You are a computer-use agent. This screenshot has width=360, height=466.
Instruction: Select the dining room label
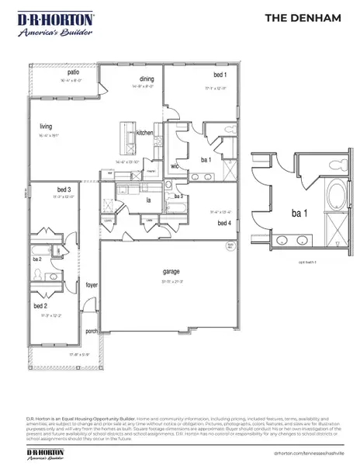tap(147, 78)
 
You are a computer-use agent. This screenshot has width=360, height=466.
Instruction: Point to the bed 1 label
tap(220, 75)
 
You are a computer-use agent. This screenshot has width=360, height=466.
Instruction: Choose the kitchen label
tap(145, 133)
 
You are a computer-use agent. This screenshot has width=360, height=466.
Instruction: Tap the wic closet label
tap(175, 165)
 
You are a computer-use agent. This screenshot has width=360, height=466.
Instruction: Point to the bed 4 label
tap(224, 224)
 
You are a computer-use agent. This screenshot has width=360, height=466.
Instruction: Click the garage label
tap(171, 271)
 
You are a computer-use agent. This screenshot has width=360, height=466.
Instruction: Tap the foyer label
tap(92, 286)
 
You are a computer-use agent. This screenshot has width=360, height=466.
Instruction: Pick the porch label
tap(92, 331)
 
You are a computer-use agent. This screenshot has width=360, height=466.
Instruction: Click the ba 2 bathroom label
tap(36, 258)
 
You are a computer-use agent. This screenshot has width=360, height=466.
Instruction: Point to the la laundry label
tap(147, 200)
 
